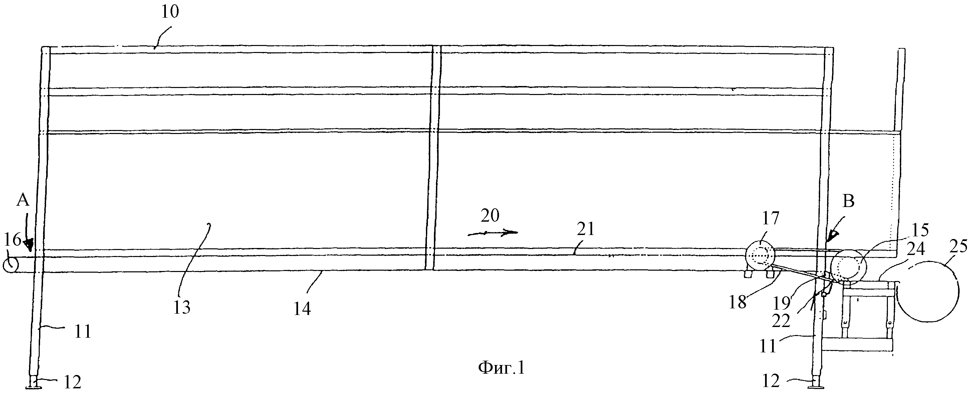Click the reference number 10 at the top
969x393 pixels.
pos(170,12)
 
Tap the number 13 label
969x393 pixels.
pos(182,307)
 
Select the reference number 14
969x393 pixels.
pos(302,309)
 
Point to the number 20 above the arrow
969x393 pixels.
pos(490,216)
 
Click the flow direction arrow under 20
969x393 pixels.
pos(492,233)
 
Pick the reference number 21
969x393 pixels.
pos(586,229)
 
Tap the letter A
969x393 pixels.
pos(23,201)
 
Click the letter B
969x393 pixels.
pos(848,202)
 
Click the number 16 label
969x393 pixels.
pos(12,239)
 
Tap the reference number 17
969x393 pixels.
pos(770,218)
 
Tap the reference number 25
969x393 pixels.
pos(958,247)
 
